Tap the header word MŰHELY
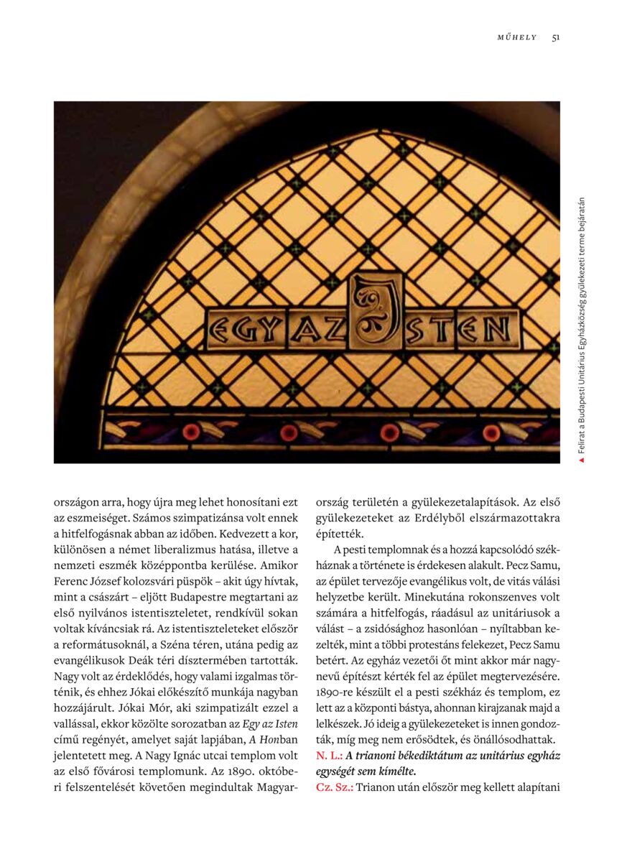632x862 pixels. tap(516, 37)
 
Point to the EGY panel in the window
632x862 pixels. tap(241, 330)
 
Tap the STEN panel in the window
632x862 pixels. tap(462, 328)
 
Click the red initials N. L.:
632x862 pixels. tap(329, 756)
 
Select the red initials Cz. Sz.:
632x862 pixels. tap(333, 787)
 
